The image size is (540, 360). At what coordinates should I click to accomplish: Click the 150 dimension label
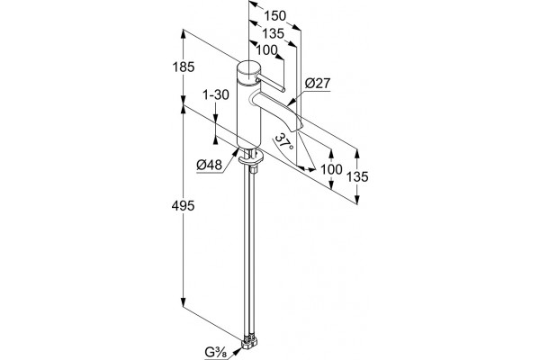[274, 16]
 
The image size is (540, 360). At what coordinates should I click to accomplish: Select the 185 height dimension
[184, 67]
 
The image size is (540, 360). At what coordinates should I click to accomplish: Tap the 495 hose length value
[184, 206]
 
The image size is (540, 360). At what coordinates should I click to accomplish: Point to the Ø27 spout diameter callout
[318, 84]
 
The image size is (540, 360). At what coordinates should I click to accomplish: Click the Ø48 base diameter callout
[210, 166]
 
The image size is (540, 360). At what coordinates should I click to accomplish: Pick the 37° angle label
[284, 141]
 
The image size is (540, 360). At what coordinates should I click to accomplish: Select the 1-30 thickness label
[216, 94]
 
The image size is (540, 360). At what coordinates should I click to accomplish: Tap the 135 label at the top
[273, 34]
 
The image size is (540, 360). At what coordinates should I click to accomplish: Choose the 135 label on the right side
[357, 176]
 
